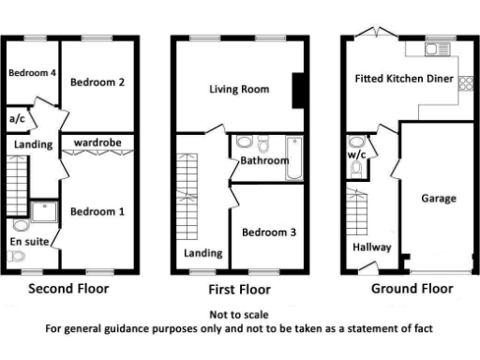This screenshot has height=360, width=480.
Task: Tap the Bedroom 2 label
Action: (98, 82)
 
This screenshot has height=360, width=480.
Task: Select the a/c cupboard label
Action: (17, 119)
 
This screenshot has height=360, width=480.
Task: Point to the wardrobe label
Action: (98, 142)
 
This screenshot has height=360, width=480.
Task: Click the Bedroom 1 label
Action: (98, 212)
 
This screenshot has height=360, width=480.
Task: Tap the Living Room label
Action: (239, 90)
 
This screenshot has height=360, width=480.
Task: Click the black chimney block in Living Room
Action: (298, 91)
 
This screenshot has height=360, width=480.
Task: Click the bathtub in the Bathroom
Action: (291, 158)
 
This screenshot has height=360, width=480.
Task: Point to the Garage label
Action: (438, 198)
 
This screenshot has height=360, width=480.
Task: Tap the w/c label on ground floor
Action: (357, 154)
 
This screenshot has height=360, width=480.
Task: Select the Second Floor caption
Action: (67, 289)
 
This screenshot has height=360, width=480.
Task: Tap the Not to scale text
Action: (239, 314)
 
